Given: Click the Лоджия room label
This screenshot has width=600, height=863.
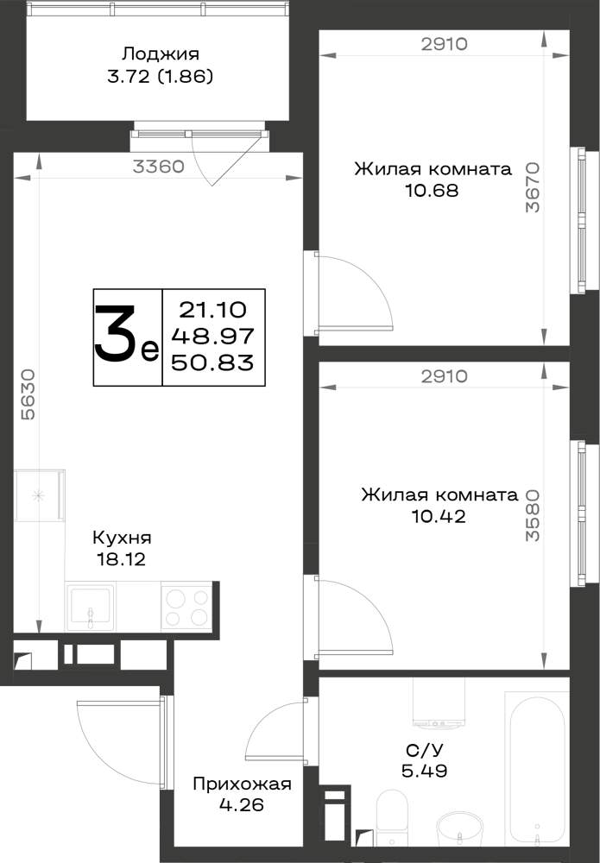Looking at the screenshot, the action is pyautogui.click(x=161, y=54).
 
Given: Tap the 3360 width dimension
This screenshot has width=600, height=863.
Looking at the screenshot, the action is pyautogui.click(x=159, y=167).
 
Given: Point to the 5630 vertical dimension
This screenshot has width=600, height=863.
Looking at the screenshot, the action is pyautogui.click(x=28, y=394).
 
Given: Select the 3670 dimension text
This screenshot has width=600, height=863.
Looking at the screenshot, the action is pyautogui.click(x=533, y=186).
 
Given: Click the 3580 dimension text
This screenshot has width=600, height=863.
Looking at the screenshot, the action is pyautogui.click(x=533, y=515).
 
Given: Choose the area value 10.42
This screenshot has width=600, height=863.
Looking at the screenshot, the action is pyautogui.click(x=439, y=516).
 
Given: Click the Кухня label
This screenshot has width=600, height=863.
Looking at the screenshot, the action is pyautogui.click(x=122, y=537).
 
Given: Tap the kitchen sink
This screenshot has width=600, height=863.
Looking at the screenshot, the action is pyautogui.click(x=90, y=606).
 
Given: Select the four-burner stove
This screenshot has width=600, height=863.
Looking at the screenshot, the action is pyautogui.click(x=186, y=606).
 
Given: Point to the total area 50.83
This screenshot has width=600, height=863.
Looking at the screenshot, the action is pyautogui.click(x=212, y=362).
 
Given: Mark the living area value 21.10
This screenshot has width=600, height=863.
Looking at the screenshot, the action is pyautogui.click(x=212, y=310).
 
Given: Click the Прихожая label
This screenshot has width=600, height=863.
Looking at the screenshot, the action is pyautogui.click(x=242, y=784).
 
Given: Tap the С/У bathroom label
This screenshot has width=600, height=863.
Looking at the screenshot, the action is pyautogui.click(x=424, y=750).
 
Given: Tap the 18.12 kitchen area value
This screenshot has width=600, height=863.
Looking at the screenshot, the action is pyautogui.click(x=121, y=560).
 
